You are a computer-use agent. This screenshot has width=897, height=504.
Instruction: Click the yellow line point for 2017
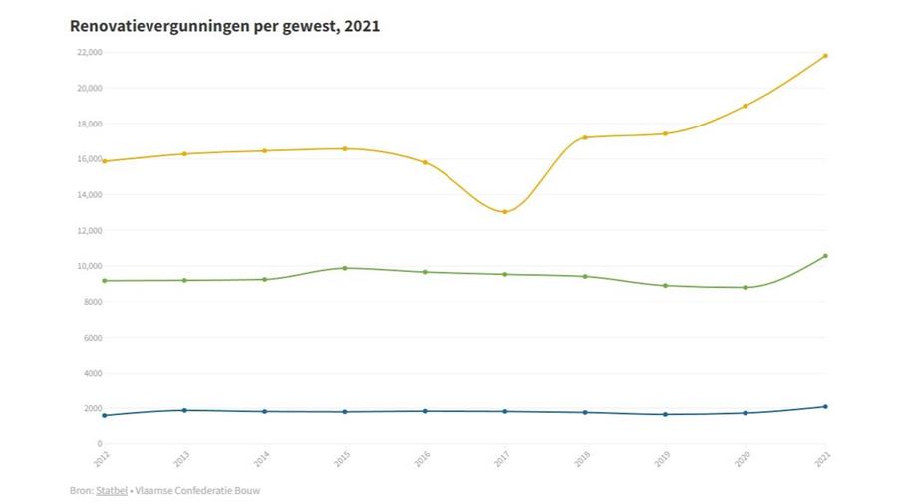pyautogui.click(x=505, y=212)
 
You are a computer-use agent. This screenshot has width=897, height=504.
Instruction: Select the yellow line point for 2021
pyautogui.click(x=825, y=56)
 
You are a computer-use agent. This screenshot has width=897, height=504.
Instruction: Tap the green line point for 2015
pyautogui.click(x=345, y=268)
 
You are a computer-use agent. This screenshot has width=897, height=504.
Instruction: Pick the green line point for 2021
pyautogui.click(x=825, y=256)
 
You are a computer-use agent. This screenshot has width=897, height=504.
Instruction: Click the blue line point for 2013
pyautogui.click(x=184, y=410)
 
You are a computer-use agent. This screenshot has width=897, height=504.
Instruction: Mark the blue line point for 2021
pyautogui.click(x=825, y=406)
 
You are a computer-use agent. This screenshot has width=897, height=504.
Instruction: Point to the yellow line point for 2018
pyautogui.click(x=585, y=137)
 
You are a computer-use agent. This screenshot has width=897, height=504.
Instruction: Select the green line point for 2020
pyautogui.click(x=746, y=288)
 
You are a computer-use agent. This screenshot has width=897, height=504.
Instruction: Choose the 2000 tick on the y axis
pyautogui.click(x=93, y=408)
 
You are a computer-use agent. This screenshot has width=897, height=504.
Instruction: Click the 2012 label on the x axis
pyautogui.click(x=102, y=458)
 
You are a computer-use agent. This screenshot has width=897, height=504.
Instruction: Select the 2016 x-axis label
pyautogui.click(x=422, y=458)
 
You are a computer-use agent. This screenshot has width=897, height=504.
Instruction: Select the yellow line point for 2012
pyautogui.click(x=105, y=161)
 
